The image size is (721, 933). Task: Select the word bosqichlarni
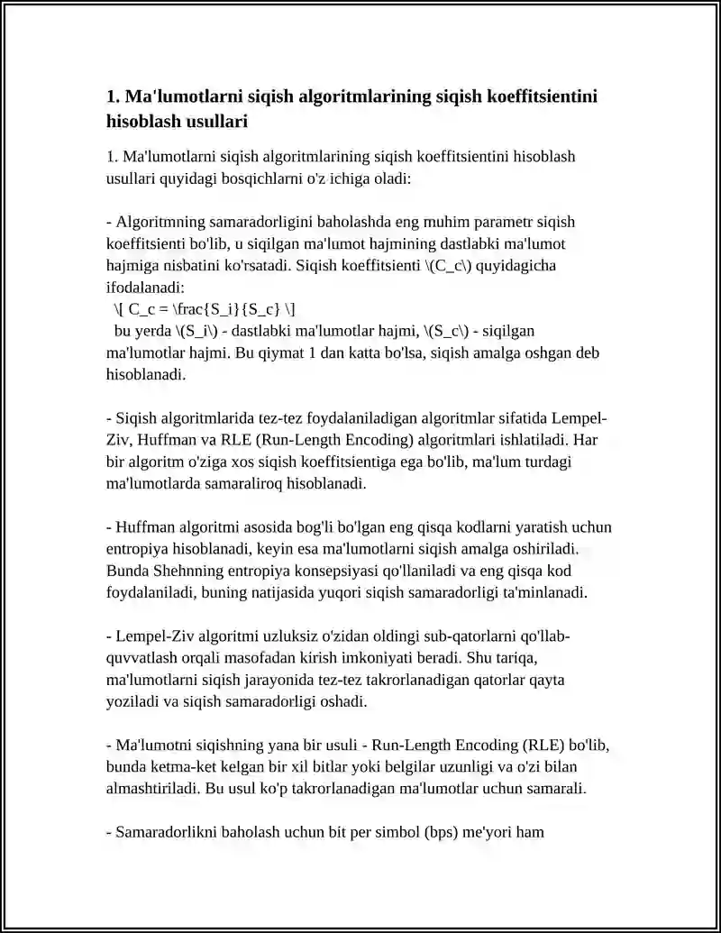pyautogui.click(x=275, y=178)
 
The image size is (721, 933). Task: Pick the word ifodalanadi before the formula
pyautogui.click(x=144, y=288)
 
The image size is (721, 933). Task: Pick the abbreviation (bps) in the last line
pyautogui.click(x=443, y=832)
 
